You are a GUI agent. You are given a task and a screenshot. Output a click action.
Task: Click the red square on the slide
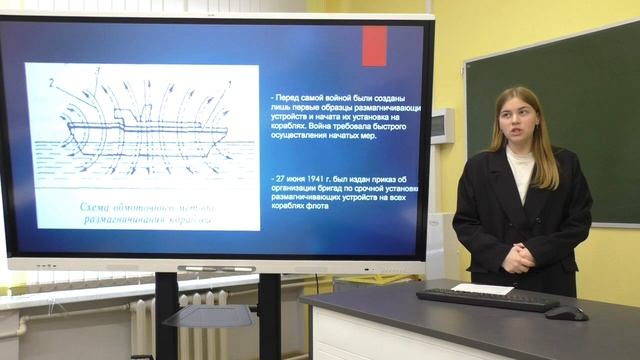click(x=374, y=46)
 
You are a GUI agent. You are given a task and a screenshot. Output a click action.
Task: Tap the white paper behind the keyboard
click(x=482, y=288)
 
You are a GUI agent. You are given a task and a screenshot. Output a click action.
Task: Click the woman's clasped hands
click(x=518, y=258)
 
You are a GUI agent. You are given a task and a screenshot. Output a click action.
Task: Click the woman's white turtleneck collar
click(x=520, y=159)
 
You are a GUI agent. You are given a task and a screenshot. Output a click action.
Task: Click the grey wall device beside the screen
click(x=441, y=125)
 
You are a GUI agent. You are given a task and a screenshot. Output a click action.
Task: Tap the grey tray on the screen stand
click(x=208, y=316)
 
